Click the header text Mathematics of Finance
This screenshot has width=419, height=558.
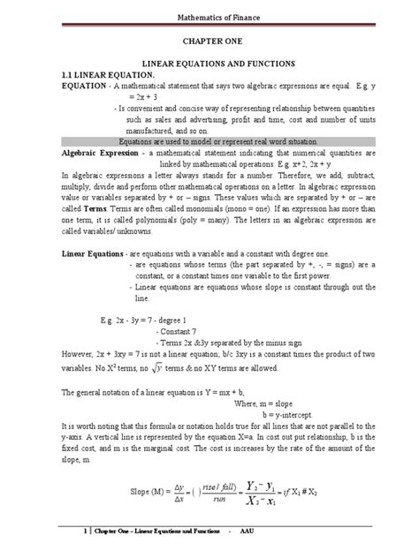209,14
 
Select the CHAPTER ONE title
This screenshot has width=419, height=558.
209,41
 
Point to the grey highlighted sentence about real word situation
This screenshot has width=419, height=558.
209,141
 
